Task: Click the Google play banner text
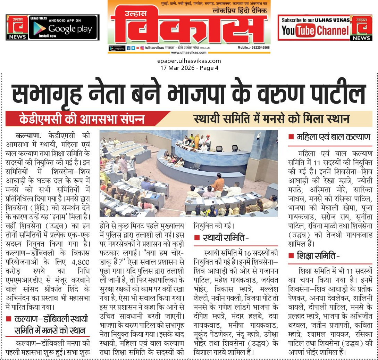tap(70, 29)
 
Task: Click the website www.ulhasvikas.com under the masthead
tap(188, 52)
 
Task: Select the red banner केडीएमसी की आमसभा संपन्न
tap(87, 118)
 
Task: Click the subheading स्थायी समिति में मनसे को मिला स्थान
tap(271, 118)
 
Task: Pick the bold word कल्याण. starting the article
tap(28, 135)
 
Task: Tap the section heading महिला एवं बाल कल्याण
tap(334, 137)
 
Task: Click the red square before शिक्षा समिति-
tap(291, 256)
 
